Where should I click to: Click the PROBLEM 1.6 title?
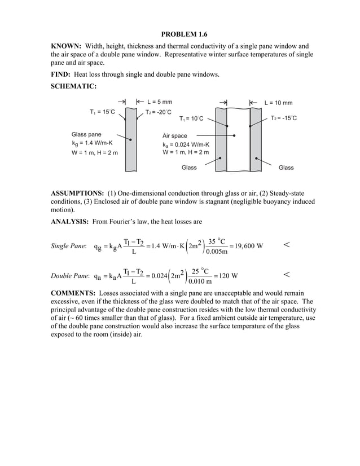click(x=180, y=34)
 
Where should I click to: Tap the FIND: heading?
click(x=63, y=75)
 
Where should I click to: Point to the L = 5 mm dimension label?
click(x=160, y=103)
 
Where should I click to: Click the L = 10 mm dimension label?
click(x=279, y=103)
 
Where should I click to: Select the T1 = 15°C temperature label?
click(x=102, y=112)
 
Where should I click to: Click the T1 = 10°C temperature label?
click(x=191, y=119)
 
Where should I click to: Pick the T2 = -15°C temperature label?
click(x=284, y=118)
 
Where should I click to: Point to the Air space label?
click(x=174, y=136)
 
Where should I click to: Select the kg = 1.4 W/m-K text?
click(x=92, y=143)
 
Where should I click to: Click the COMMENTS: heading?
click(x=73, y=294)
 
